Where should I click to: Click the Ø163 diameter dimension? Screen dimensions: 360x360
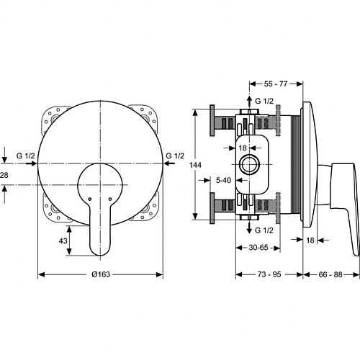tap(101, 274)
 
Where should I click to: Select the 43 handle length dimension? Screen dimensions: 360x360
tap(63, 240)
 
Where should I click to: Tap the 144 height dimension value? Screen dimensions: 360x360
tap(195, 165)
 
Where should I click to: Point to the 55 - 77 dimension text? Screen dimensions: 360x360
tap(276, 84)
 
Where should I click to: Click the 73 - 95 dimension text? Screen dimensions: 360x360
tap(269, 274)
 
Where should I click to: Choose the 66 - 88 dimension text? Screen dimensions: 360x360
tap(330, 274)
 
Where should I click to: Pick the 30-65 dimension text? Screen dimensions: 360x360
tap(258, 247)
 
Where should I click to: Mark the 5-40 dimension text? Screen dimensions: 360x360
tap(223, 180)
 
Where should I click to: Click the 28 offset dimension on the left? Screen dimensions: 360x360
tap(4, 175)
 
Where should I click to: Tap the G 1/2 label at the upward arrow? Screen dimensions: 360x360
tap(264, 101)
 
